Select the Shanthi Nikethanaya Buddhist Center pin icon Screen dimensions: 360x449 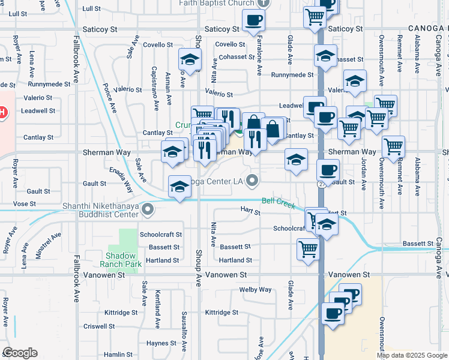148,210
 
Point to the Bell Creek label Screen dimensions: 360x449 278,203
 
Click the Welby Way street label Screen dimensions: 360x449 255,289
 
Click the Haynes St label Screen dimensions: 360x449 161,343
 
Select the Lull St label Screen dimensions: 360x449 91,8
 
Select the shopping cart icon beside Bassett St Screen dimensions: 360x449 308,248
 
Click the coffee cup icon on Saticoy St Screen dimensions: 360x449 253,20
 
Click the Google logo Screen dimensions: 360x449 20,353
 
